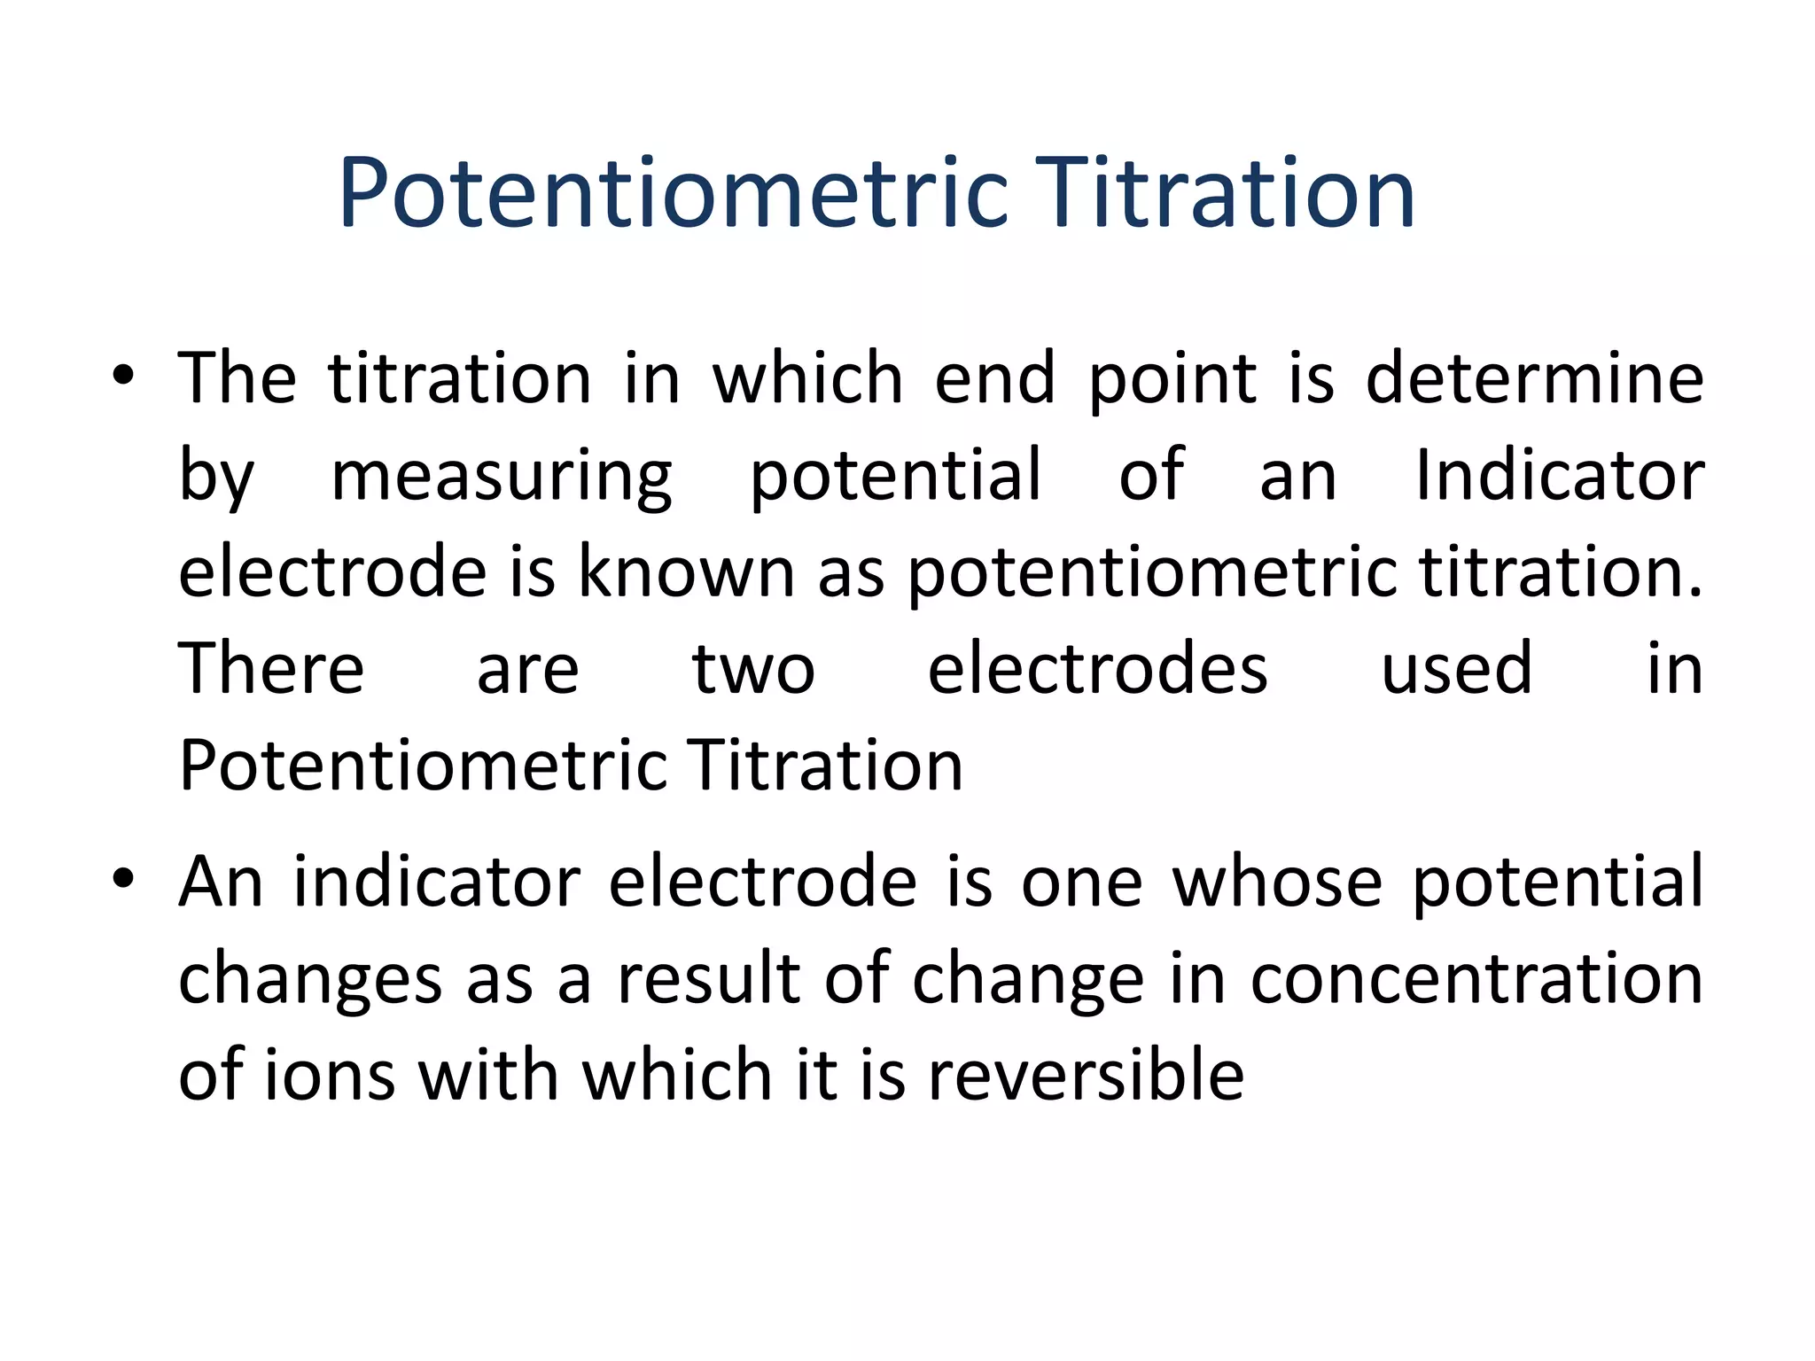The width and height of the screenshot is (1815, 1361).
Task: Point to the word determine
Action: (1534, 378)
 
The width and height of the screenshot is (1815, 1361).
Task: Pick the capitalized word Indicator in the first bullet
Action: (1559, 475)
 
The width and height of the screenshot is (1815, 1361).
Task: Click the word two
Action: (752, 670)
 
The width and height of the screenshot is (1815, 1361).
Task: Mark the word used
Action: (1456, 670)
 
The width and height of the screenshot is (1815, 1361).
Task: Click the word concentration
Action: (1476, 980)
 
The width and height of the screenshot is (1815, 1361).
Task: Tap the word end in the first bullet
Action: (995, 378)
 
